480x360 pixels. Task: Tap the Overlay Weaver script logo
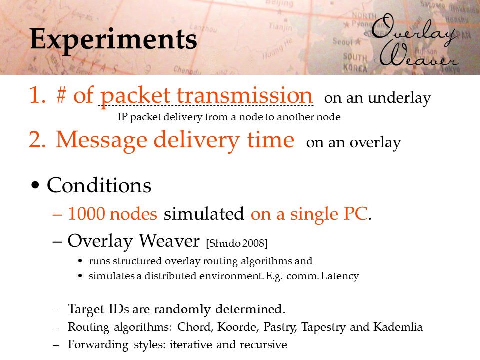415,40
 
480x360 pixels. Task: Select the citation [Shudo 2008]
237,243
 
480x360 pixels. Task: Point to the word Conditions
99,185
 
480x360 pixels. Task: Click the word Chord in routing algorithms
195,327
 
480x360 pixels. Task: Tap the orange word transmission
245,95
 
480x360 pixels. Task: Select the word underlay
399,98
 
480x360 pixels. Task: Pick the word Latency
340,276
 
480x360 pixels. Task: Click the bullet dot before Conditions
35,185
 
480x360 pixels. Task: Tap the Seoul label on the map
343,41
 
